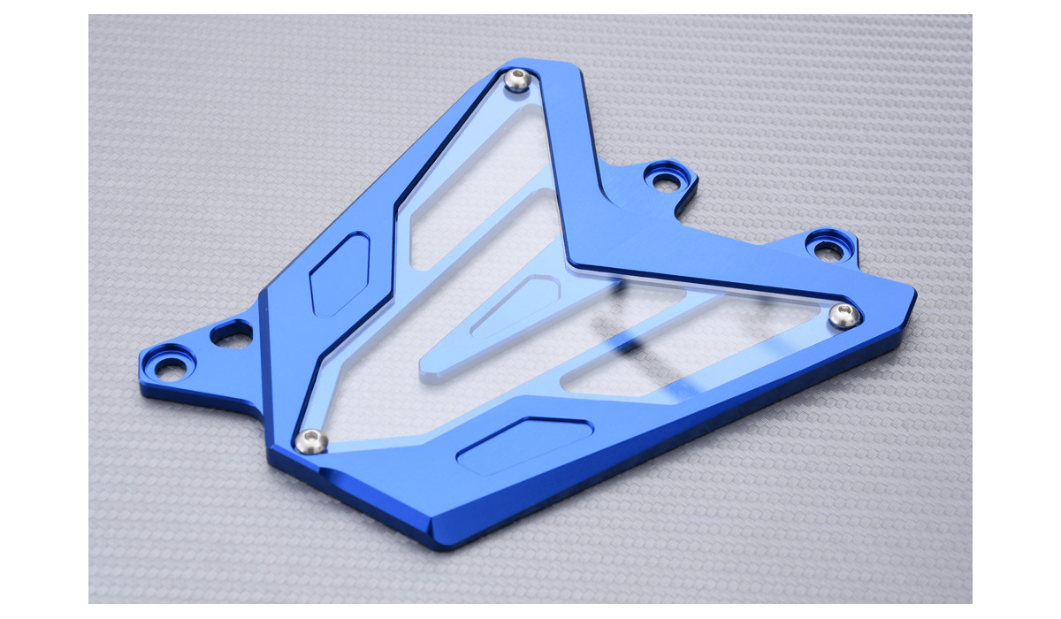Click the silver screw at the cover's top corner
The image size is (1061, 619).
(517, 81)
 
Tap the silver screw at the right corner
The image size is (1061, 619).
(844, 315)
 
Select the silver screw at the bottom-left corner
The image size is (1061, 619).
(309, 440)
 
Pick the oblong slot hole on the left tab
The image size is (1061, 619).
(232, 334)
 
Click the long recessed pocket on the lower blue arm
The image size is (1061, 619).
(523, 443)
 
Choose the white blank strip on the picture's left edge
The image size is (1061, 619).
(44, 309)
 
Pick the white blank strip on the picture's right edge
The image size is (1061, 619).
(1017, 309)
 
